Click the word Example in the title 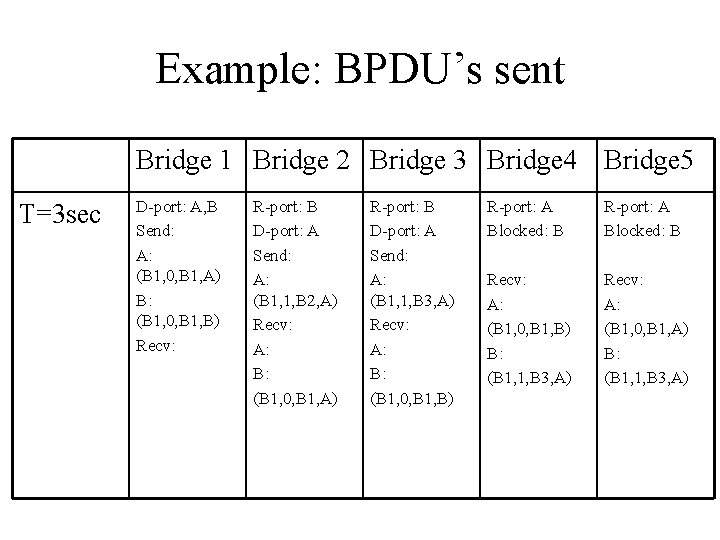point(235,70)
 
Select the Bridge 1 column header point(188,160)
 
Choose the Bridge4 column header point(532,160)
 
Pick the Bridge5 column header point(648,160)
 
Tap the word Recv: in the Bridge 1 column point(156,345)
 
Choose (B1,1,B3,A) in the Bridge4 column point(528,377)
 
